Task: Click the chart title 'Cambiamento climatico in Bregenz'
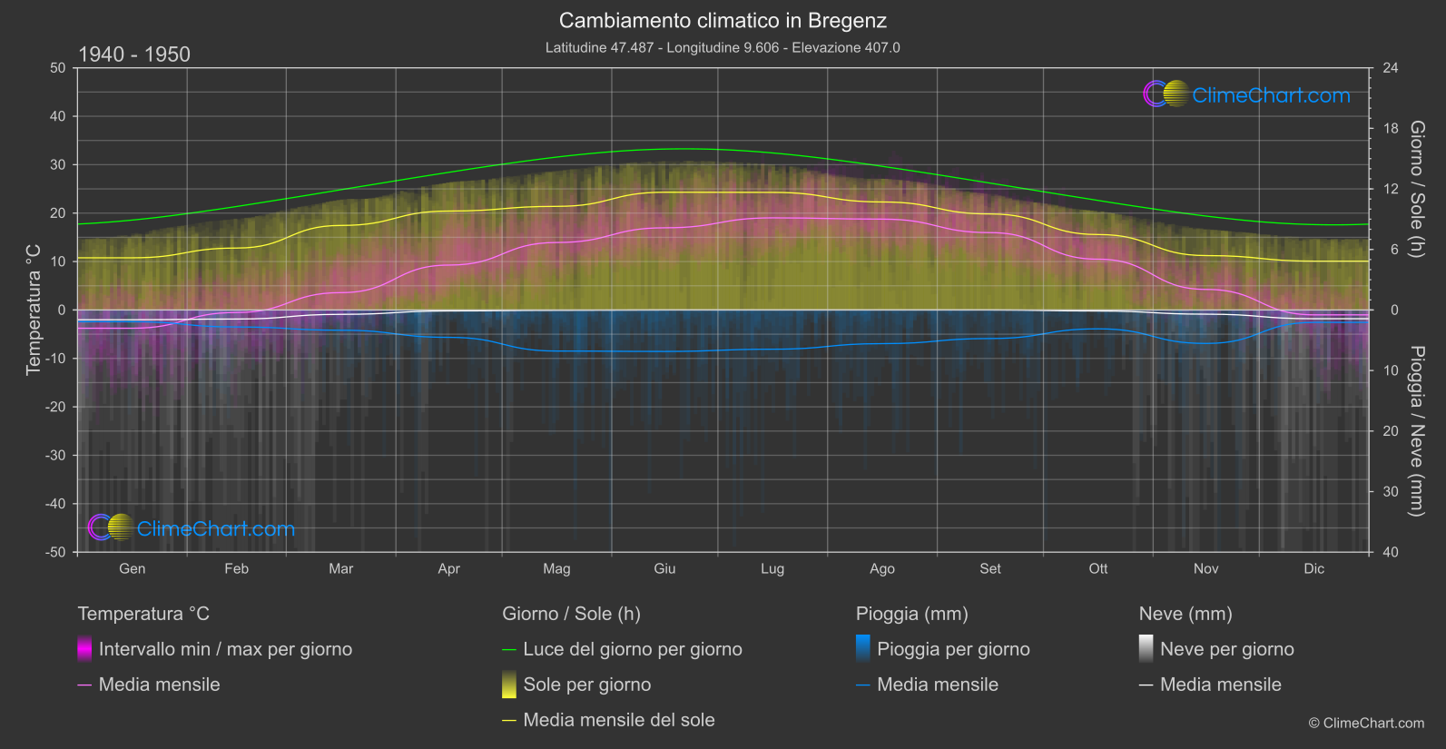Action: coord(723,21)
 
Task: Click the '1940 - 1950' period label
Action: coord(134,54)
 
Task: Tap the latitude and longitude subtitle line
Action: coord(723,48)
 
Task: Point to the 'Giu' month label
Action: coord(664,569)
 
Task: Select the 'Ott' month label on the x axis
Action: coord(1098,569)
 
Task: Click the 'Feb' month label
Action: coord(236,569)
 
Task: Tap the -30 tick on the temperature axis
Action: coord(56,456)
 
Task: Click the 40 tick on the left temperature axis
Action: coord(58,116)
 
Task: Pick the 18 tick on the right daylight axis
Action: coord(1391,129)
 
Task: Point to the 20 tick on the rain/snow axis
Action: coord(1391,431)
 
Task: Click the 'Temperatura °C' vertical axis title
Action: coord(34,309)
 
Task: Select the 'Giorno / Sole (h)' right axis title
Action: coord(1416,189)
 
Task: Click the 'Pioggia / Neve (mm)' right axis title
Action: coord(1416,431)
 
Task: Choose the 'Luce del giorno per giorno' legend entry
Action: coord(632,649)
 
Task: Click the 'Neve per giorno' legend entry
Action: coord(1226,649)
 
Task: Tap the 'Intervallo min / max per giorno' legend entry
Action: coord(225,649)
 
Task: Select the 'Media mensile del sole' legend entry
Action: coord(618,720)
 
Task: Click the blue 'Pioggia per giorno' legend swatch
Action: coord(863,648)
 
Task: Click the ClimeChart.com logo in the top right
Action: coord(1247,94)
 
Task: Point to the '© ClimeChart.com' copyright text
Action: coord(1366,724)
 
